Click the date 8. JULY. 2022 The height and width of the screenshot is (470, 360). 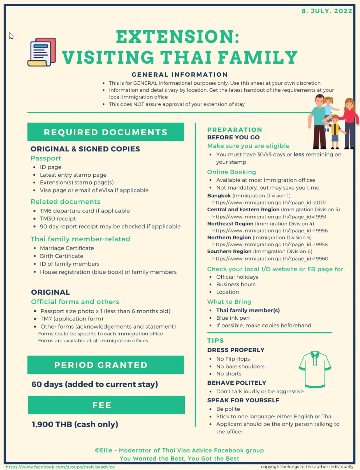[327, 11]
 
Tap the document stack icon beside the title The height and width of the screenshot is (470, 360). [42, 52]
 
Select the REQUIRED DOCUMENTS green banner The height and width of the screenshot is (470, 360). [106, 132]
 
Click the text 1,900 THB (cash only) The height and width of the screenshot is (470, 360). [75, 424]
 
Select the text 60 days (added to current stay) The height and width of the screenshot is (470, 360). [95, 384]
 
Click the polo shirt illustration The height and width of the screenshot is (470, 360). [315, 369]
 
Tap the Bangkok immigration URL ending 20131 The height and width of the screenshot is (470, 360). [269, 203]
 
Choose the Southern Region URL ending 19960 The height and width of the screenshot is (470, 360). [270, 259]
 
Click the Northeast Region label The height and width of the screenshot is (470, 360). [230, 224]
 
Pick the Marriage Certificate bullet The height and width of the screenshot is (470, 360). [67, 248]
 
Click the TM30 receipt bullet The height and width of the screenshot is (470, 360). [58, 219]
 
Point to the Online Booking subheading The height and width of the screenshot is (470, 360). [232, 172]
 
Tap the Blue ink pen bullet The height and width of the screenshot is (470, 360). [233, 318]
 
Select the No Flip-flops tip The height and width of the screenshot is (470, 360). [233, 359]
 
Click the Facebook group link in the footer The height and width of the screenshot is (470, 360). [60, 467]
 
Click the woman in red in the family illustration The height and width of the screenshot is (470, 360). [349, 120]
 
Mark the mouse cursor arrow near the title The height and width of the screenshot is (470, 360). [11, 36]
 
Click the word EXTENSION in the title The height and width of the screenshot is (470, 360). [178, 37]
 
